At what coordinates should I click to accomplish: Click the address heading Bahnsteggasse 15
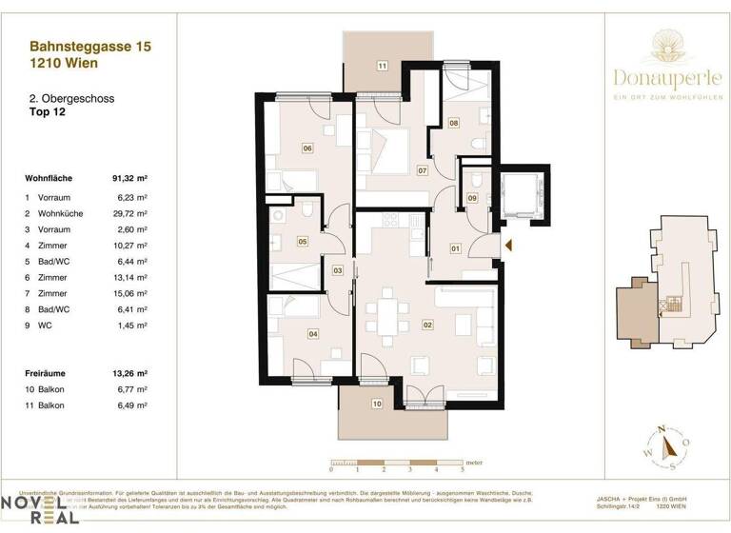click(90, 45)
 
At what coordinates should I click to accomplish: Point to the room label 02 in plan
click(427, 326)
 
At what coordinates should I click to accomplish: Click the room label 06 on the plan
click(307, 148)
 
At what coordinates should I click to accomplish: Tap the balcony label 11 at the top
click(382, 66)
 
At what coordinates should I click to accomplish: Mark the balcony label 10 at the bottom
click(377, 405)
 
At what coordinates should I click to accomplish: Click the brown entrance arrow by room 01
click(508, 247)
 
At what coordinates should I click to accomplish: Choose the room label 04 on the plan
click(313, 333)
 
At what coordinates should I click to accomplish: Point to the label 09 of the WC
click(472, 197)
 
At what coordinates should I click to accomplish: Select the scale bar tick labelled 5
click(463, 470)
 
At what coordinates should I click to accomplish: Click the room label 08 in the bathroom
click(454, 123)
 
